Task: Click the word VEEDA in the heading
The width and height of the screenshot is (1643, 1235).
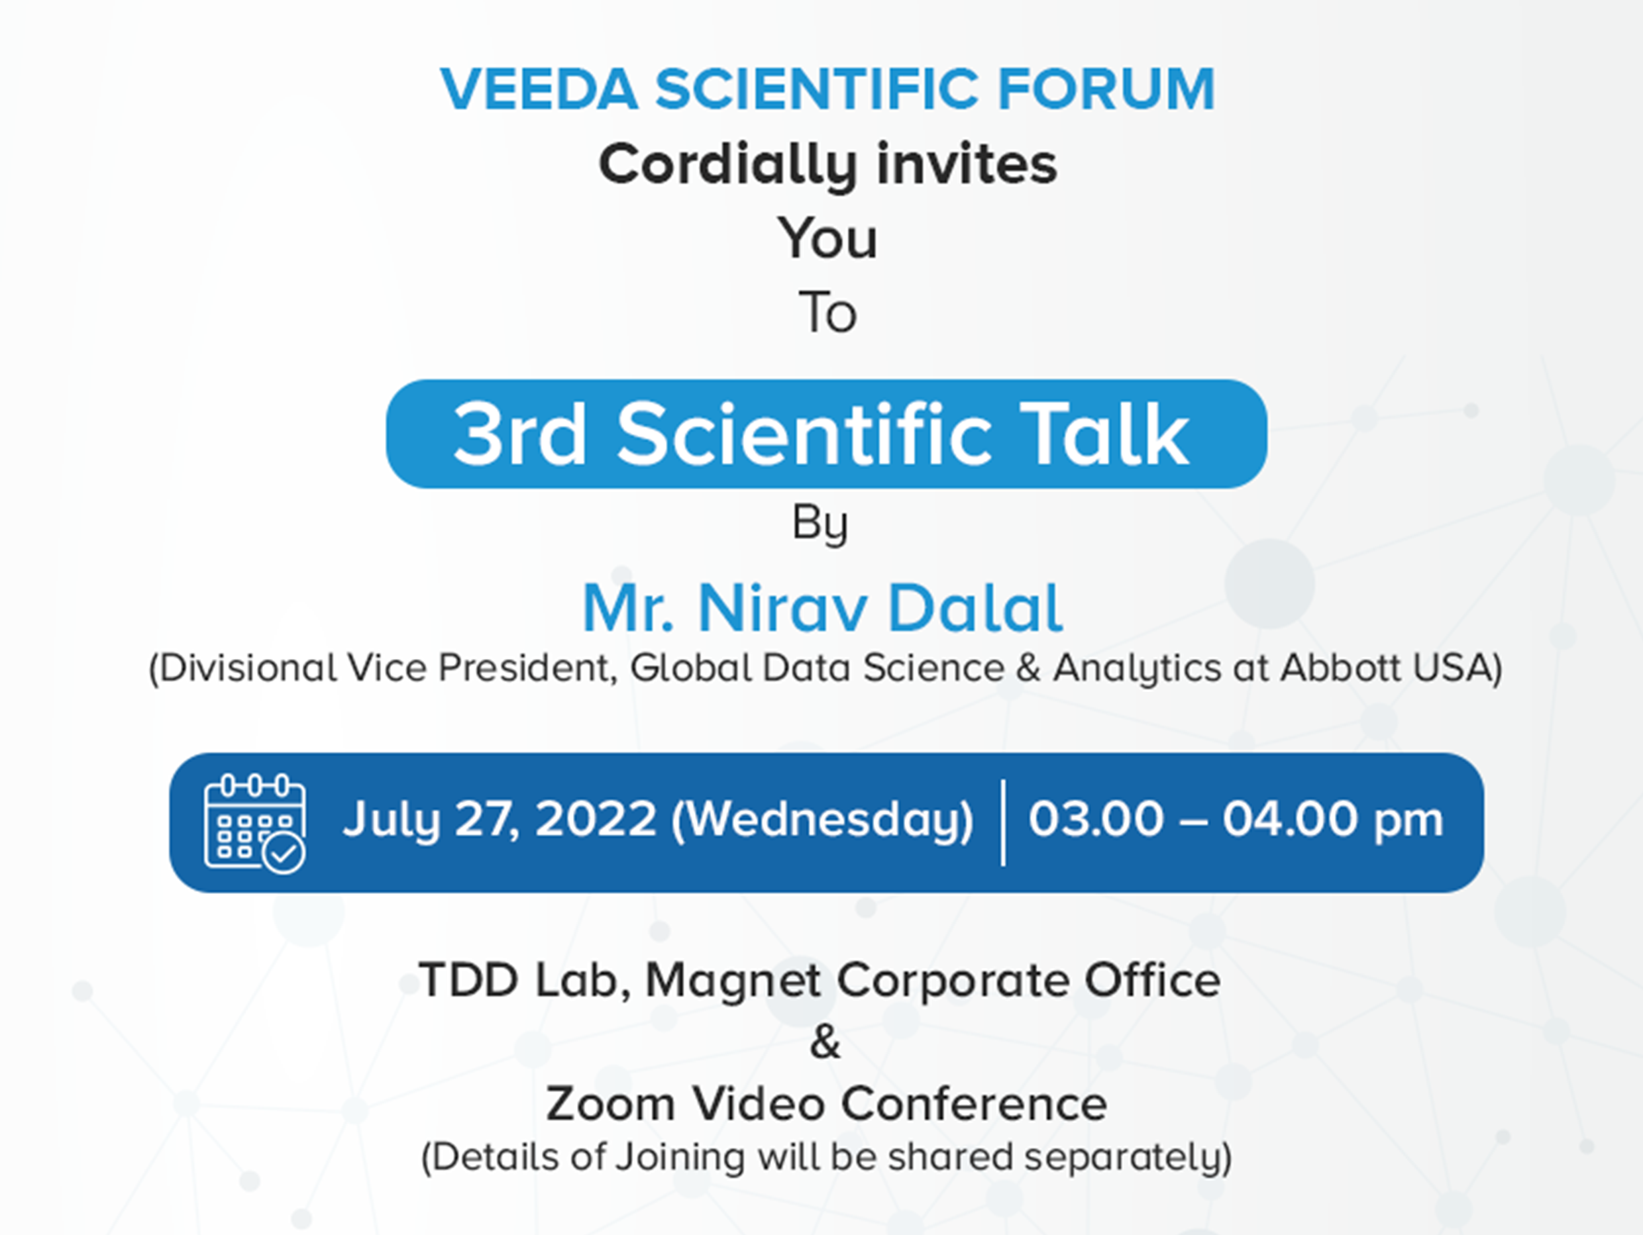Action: tap(539, 89)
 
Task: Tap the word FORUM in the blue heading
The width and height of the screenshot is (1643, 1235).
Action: tap(1106, 89)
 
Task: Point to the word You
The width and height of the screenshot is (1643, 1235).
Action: tap(827, 239)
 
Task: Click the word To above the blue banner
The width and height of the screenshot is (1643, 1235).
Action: tap(827, 312)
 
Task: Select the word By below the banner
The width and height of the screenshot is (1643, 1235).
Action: tap(820, 524)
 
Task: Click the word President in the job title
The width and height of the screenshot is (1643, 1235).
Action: tap(527, 667)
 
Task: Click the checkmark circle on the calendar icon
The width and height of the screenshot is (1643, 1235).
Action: tap(284, 852)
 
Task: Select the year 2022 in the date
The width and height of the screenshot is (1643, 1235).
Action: tap(596, 819)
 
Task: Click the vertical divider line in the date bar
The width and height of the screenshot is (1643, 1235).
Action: tap(1004, 822)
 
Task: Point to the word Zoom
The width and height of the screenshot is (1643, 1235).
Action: tap(611, 1104)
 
